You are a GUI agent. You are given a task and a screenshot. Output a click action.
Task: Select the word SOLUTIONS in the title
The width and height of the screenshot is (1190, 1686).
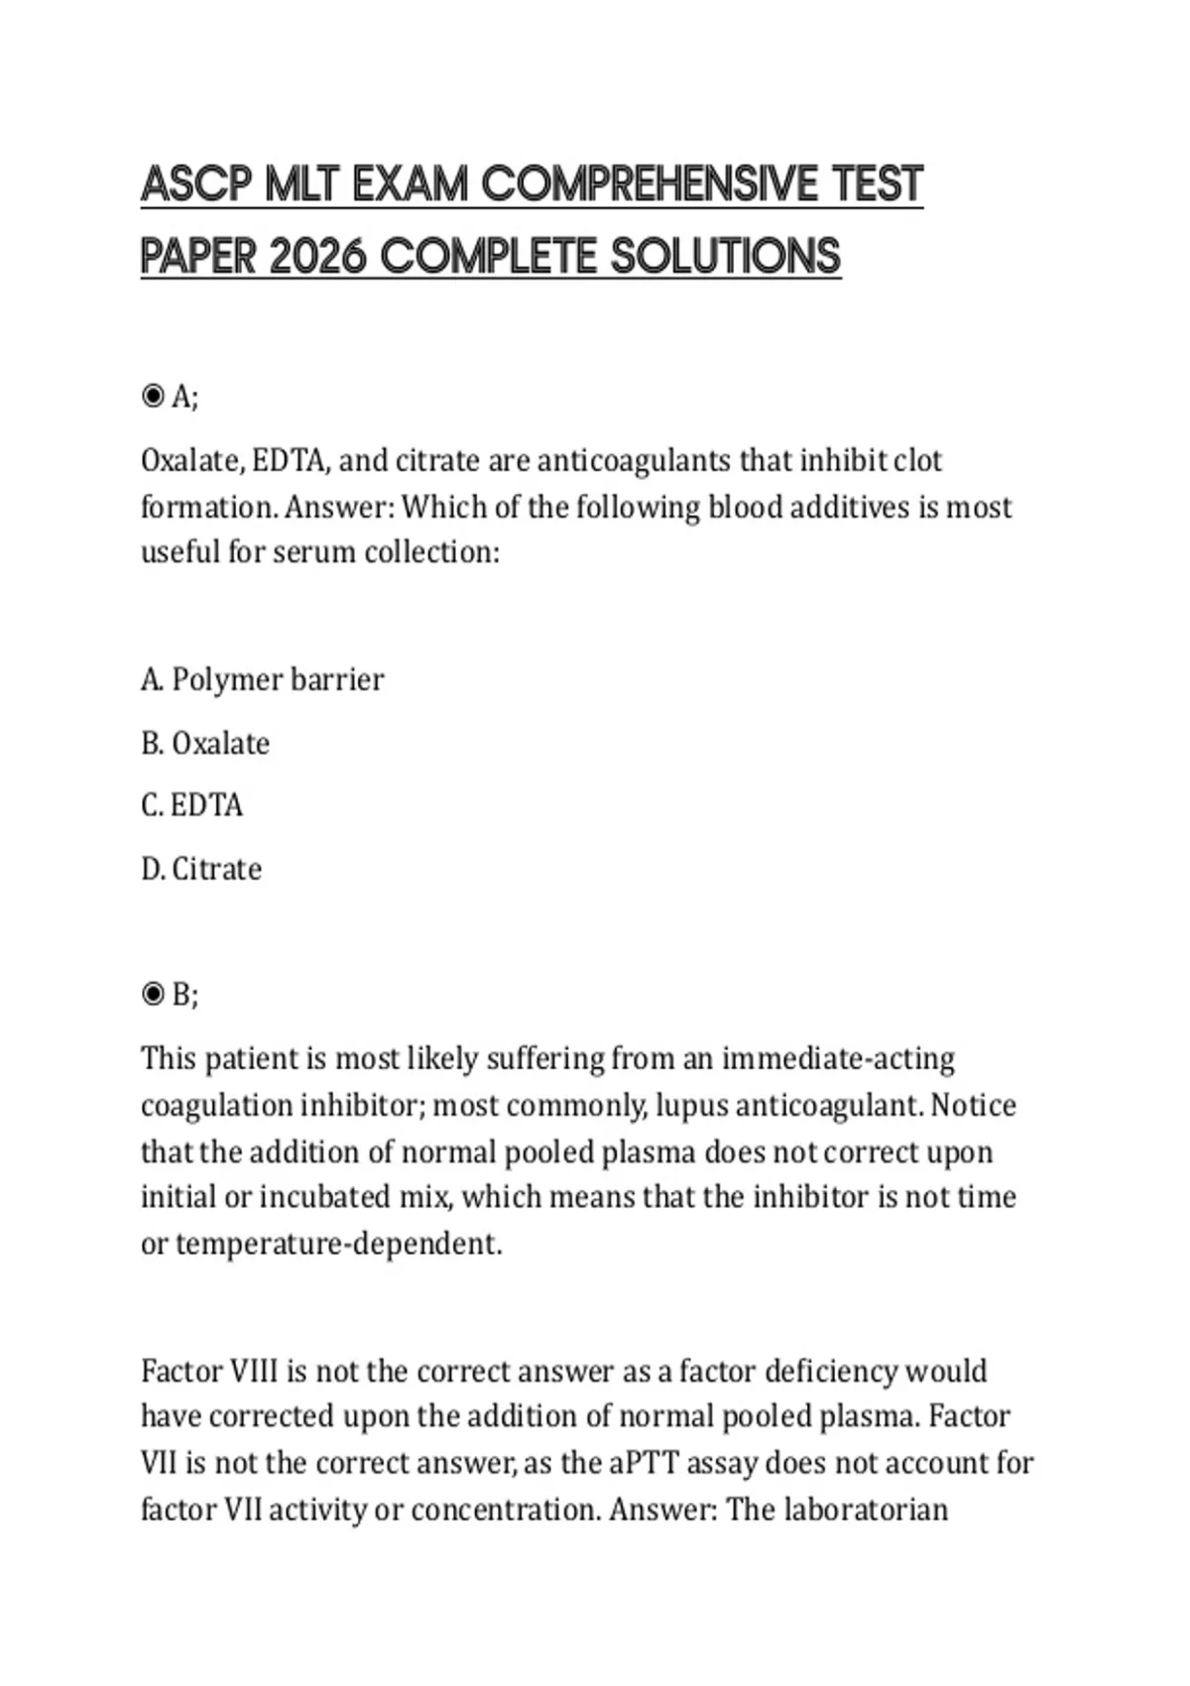click(726, 257)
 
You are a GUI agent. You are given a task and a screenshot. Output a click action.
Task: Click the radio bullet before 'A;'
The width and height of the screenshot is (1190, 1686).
click(153, 397)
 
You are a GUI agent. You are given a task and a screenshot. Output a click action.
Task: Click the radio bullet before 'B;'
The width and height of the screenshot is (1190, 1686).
click(153, 994)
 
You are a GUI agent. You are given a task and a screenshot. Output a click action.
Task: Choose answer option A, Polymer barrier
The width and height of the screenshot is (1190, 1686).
click(262, 680)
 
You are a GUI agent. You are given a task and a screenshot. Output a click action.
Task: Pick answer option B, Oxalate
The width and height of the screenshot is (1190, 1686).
click(205, 744)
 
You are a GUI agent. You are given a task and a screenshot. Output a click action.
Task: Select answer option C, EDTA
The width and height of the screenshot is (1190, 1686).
click(191, 805)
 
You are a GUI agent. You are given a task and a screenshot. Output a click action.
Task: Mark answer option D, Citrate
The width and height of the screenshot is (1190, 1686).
click(201, 870)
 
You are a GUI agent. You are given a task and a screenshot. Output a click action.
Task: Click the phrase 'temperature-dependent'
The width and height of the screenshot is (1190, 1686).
click(338, 1244)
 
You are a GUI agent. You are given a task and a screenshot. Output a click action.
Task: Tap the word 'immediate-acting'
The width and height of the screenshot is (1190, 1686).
click(838, 1059)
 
